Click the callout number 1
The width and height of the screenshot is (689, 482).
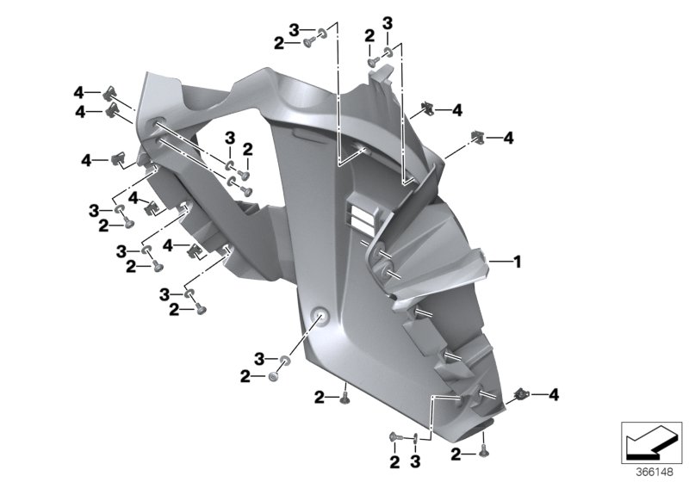(518, 262)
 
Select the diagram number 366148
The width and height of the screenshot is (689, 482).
(655, 473)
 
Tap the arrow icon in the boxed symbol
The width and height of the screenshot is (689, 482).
(651, 442)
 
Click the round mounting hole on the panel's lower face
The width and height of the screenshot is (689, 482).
(320, 316)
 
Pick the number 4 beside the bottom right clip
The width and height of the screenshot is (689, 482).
(553, 394)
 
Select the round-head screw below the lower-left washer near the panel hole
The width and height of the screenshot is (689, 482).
(273, 376)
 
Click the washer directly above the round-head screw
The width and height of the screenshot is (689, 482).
(285, 361)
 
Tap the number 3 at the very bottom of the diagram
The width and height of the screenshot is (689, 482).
(415, 462)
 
